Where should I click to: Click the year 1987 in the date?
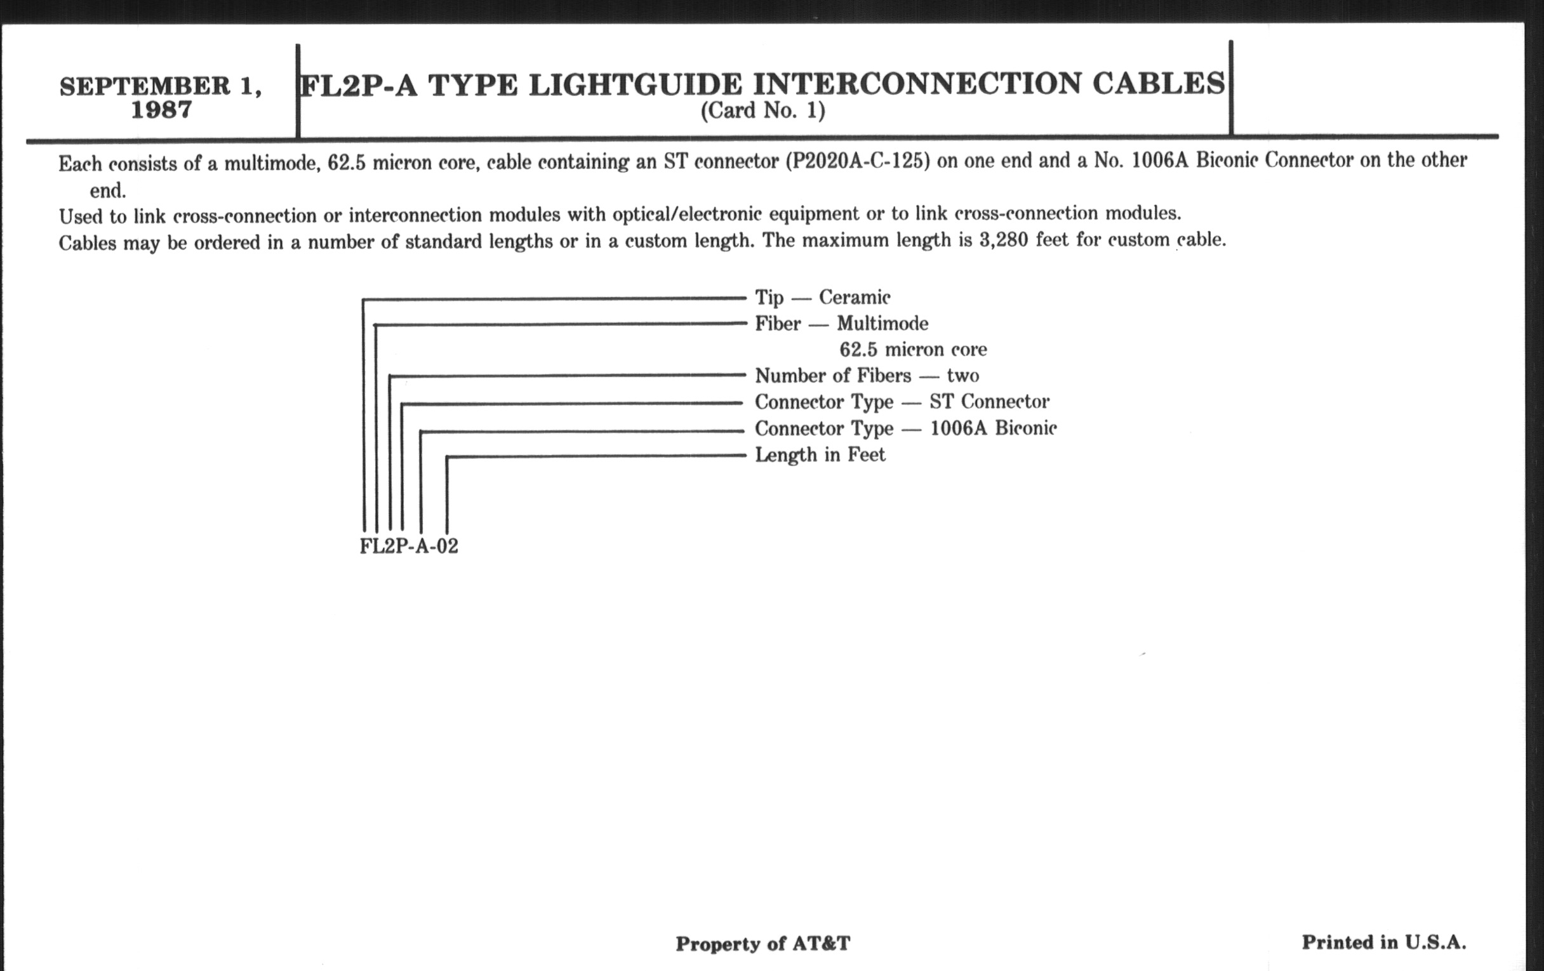pos(162,110)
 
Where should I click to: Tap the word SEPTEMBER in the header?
pos(145,86)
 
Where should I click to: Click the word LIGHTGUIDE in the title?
pos(635,84)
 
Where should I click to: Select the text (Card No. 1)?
pos(762,111)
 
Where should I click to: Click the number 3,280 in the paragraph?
pos(1004,240)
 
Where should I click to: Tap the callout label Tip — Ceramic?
pos(823,298)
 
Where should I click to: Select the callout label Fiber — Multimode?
pos(841,324)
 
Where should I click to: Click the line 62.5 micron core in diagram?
pos(913,349)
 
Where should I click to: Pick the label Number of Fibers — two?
pos(867,376)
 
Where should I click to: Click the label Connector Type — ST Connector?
pos(902,402)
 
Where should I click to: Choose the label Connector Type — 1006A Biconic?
pos(905,428)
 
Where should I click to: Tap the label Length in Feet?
pos(820,455)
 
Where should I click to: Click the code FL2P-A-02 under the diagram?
pos(409,546)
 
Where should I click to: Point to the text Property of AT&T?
pos(763,944)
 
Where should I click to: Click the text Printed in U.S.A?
pos(1384,942)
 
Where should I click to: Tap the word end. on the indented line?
pos(108,191)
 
